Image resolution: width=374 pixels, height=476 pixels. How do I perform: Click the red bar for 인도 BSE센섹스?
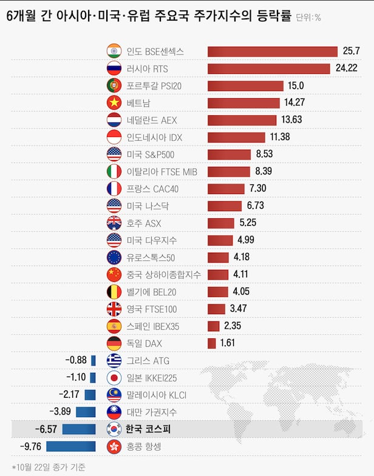(272, 52)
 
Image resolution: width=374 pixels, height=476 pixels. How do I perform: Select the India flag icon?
(114, 52)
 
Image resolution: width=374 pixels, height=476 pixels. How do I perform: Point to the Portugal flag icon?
(114, 85)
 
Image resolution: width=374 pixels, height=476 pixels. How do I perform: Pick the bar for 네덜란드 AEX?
(242, 120)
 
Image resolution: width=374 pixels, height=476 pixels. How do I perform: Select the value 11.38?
(280, 137)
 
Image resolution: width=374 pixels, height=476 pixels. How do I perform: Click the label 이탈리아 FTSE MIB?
(161, 172)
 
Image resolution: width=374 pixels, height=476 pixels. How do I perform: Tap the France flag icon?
(114, 189)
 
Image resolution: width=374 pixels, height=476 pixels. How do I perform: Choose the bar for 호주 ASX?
(221, 223)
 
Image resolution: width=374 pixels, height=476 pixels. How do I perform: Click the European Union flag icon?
(114, 257)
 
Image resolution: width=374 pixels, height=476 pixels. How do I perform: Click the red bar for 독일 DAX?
(212, 343)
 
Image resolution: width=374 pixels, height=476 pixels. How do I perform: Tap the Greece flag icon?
(114, 361)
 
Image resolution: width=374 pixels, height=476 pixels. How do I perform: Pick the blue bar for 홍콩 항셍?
(71, 447)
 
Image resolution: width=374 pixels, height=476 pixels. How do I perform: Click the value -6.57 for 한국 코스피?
(46, 429)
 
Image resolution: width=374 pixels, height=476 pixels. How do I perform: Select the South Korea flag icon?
(114, 429)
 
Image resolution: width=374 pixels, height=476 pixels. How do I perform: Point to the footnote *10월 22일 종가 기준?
(49, 467)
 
